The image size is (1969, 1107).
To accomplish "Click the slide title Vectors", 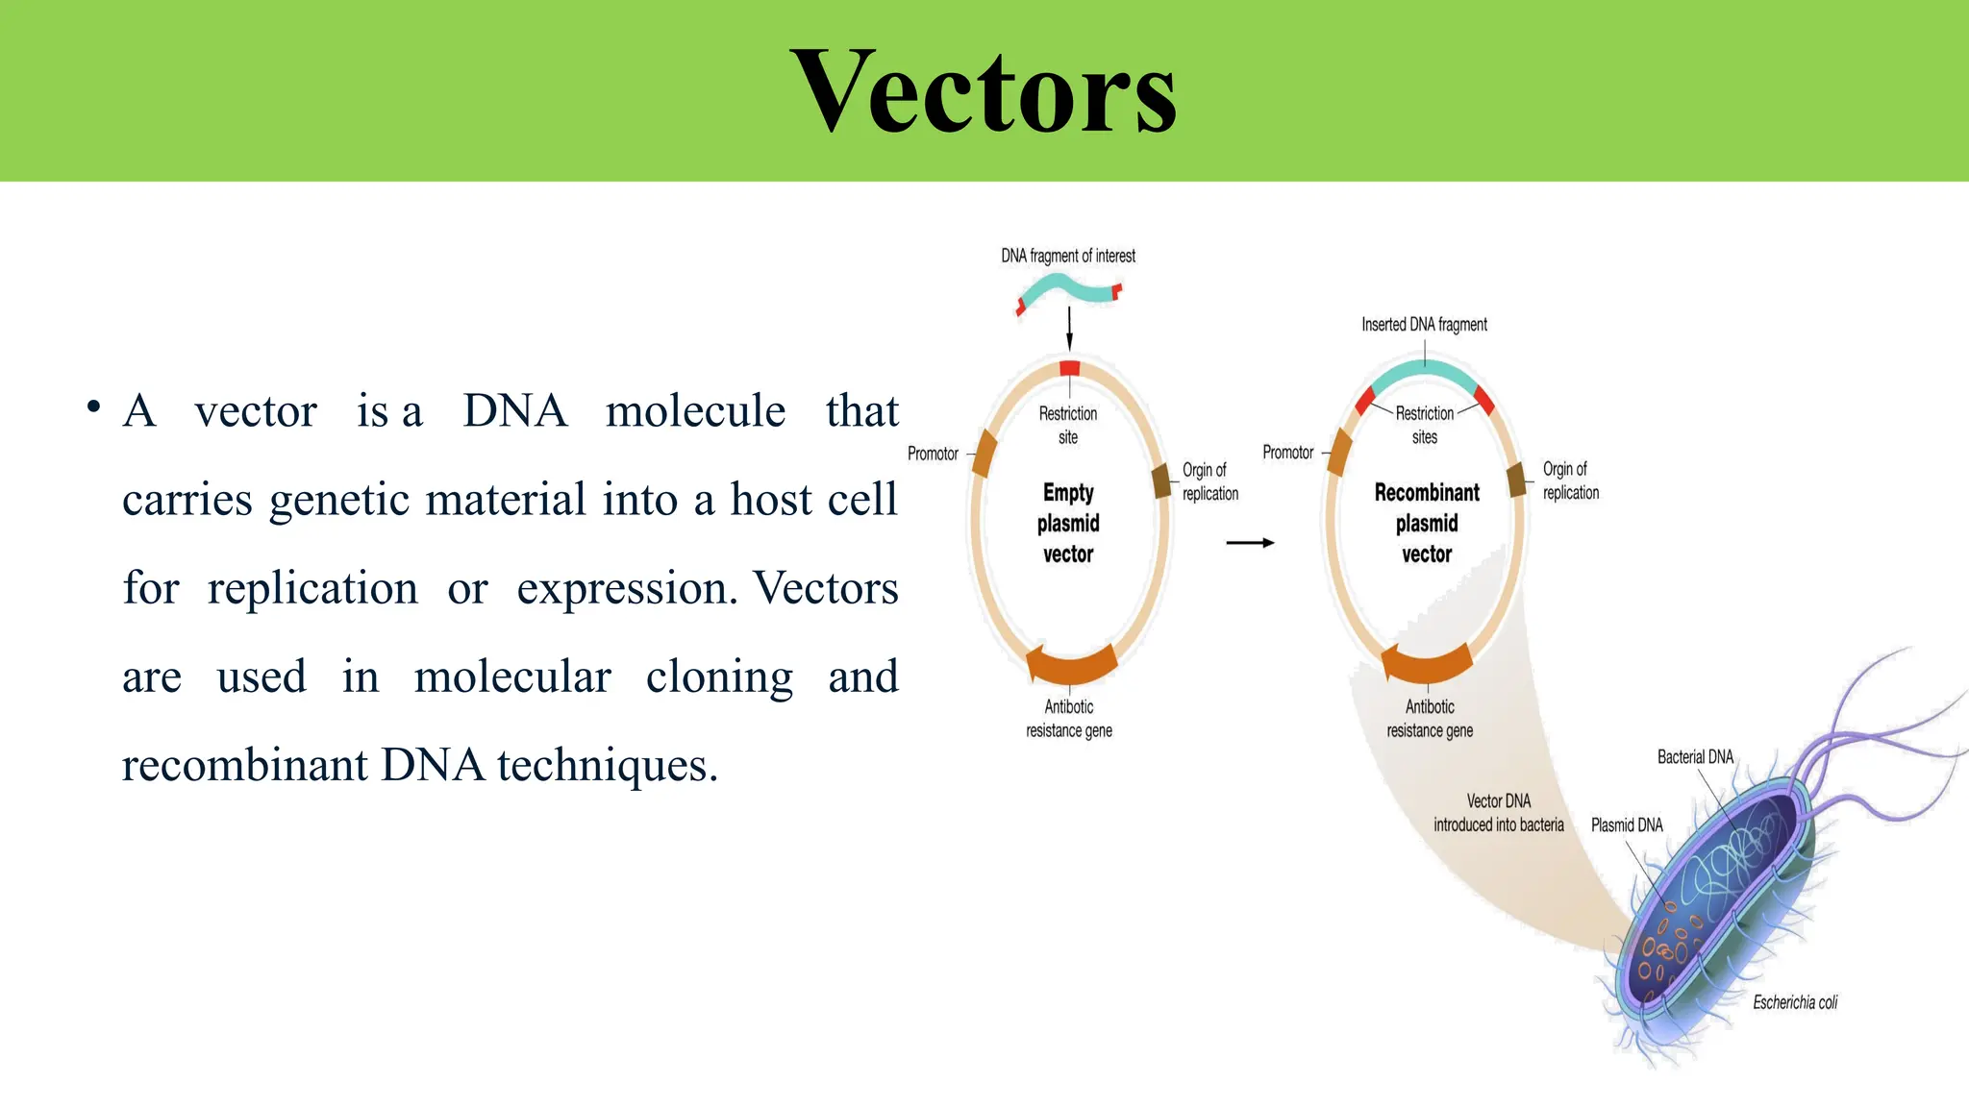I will point(984,93).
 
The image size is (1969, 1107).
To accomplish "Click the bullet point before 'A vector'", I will point(93,407).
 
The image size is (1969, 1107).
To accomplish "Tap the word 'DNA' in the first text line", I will point(514,411).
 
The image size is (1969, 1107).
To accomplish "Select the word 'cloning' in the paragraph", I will point(719,677).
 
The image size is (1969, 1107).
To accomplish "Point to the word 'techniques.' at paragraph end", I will point(607,766).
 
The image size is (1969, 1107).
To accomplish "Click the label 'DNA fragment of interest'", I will point(1067,256).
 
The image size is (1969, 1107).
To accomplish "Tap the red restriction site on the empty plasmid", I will point(1069,368).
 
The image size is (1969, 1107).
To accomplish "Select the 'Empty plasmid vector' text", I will point(1068,523).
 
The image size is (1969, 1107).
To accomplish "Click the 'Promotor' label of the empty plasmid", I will point(933,454).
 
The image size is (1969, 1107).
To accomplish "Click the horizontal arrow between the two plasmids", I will point(1250,543).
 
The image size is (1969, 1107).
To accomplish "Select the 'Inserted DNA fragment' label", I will point(1424,325).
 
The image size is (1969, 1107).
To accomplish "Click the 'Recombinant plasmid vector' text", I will point(1427,523).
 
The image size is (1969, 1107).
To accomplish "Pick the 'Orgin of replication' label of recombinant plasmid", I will point(1570,480).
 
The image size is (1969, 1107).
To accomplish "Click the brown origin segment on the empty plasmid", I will point(1161,480).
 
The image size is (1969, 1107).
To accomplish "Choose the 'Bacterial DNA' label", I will point(1695,757).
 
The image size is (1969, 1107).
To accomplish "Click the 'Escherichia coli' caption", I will point(1794,1002).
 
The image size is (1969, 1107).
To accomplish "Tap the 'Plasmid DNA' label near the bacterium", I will point(1626,825).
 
